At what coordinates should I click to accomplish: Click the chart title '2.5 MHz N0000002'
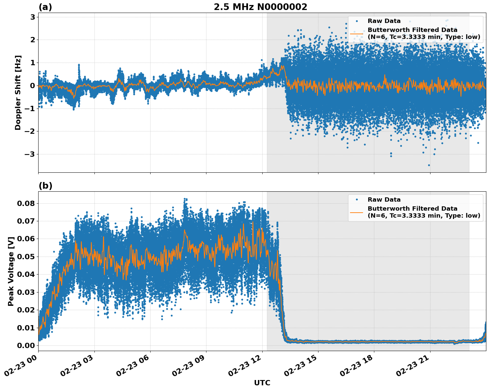(x=260, y=7)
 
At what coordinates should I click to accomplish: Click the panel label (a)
(x=45, y=7)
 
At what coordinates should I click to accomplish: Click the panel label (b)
(x=45, y=186)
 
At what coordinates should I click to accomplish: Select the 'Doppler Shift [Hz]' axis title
(x=18, y=93)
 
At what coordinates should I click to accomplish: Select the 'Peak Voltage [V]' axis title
(x=11, y=271)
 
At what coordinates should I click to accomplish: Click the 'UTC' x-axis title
(x=262, y=383)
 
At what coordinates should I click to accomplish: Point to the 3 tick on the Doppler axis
(x=33, y=17)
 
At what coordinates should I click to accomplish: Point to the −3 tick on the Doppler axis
(x=30, y=154)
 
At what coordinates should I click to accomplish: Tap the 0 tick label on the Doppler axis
(x=33, y=86)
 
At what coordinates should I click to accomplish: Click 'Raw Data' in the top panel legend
(x=384, y=21)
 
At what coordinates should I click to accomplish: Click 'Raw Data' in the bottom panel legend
(x=384, y=200)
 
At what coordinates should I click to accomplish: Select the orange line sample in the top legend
(x=357, y=33)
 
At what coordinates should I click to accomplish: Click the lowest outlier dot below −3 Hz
(x=429, y=165)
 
